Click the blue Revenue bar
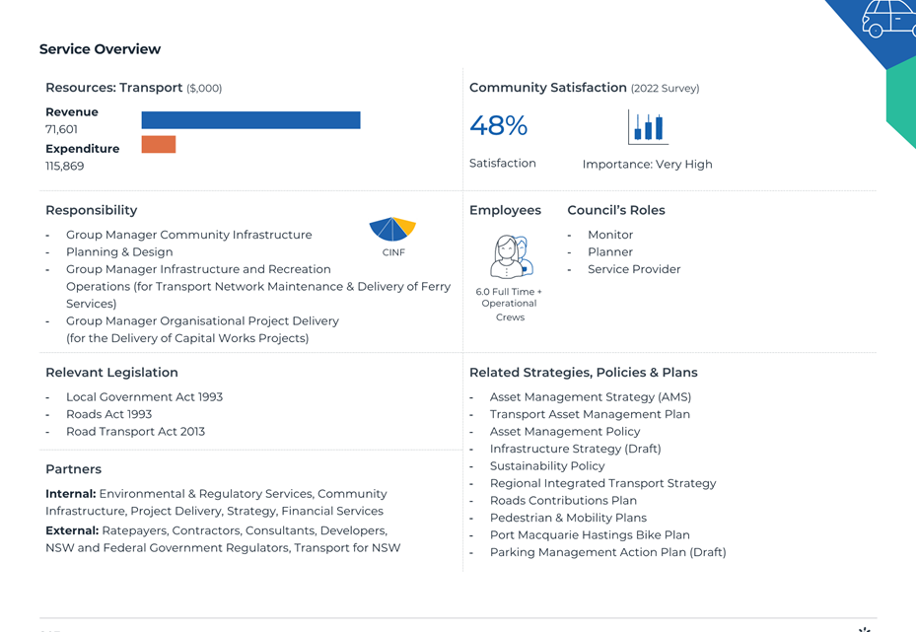[250, 120]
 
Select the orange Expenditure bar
[159, 144]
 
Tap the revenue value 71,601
[61, 129]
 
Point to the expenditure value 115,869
[65, 166]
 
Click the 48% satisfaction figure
[498, 125]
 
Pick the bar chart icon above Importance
[648, 127]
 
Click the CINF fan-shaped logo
[392, 229]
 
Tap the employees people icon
[512, 256]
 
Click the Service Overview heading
[100, 49]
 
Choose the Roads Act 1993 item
[108, 414]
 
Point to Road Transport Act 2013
[135, 432]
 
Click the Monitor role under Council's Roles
[610, 235]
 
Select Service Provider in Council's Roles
[634, 269]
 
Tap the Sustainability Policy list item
[547, 466]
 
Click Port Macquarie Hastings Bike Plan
[590, 535]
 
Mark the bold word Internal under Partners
[71, 494]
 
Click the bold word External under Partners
[72, 530]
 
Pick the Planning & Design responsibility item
[119, 252]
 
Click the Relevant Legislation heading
[111, 373]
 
